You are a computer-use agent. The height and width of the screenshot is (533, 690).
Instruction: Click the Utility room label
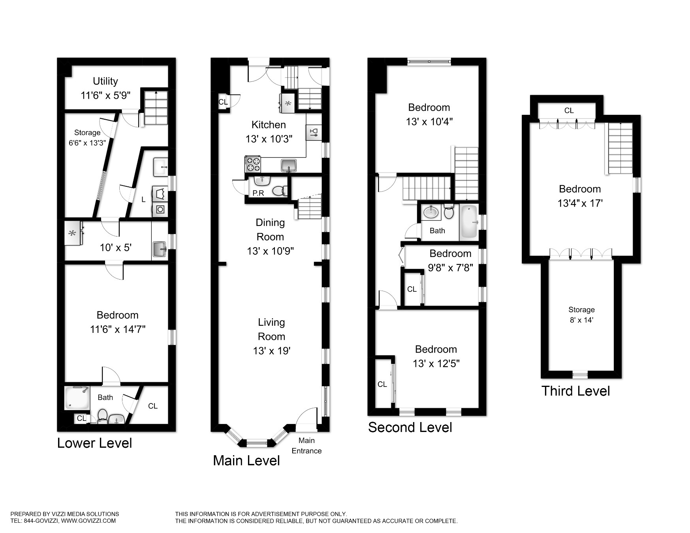pos(105,81)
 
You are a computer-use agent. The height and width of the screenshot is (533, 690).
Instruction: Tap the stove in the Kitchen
pos(253,164)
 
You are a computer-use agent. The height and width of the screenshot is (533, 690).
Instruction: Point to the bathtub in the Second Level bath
pos(469,221)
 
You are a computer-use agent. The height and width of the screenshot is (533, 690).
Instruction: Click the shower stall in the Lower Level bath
pos(77,398)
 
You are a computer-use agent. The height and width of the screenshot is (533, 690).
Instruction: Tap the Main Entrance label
pos(306,446)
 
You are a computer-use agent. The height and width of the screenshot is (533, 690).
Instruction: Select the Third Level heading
pos(576,391)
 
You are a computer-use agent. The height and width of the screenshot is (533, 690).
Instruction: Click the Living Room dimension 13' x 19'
pos(272,351)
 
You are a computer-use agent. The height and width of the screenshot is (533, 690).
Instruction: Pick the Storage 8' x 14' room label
pos(581,315)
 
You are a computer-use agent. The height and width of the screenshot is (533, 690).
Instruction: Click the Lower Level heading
pos(94,443)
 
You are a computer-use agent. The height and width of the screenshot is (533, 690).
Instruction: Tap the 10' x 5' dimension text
pos(115,248)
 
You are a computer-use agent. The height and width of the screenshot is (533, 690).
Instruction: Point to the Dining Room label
pos(271,229)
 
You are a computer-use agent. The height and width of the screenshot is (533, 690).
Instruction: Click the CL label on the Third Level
pos(569,111)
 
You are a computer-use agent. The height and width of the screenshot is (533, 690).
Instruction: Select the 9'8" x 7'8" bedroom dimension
pos(450,268)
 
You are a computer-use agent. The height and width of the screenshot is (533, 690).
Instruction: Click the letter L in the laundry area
pos(143,200)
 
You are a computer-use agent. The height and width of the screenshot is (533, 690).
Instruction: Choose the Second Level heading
pos(410,427)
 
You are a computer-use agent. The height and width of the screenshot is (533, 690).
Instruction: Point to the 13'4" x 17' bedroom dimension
pos(580,203)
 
